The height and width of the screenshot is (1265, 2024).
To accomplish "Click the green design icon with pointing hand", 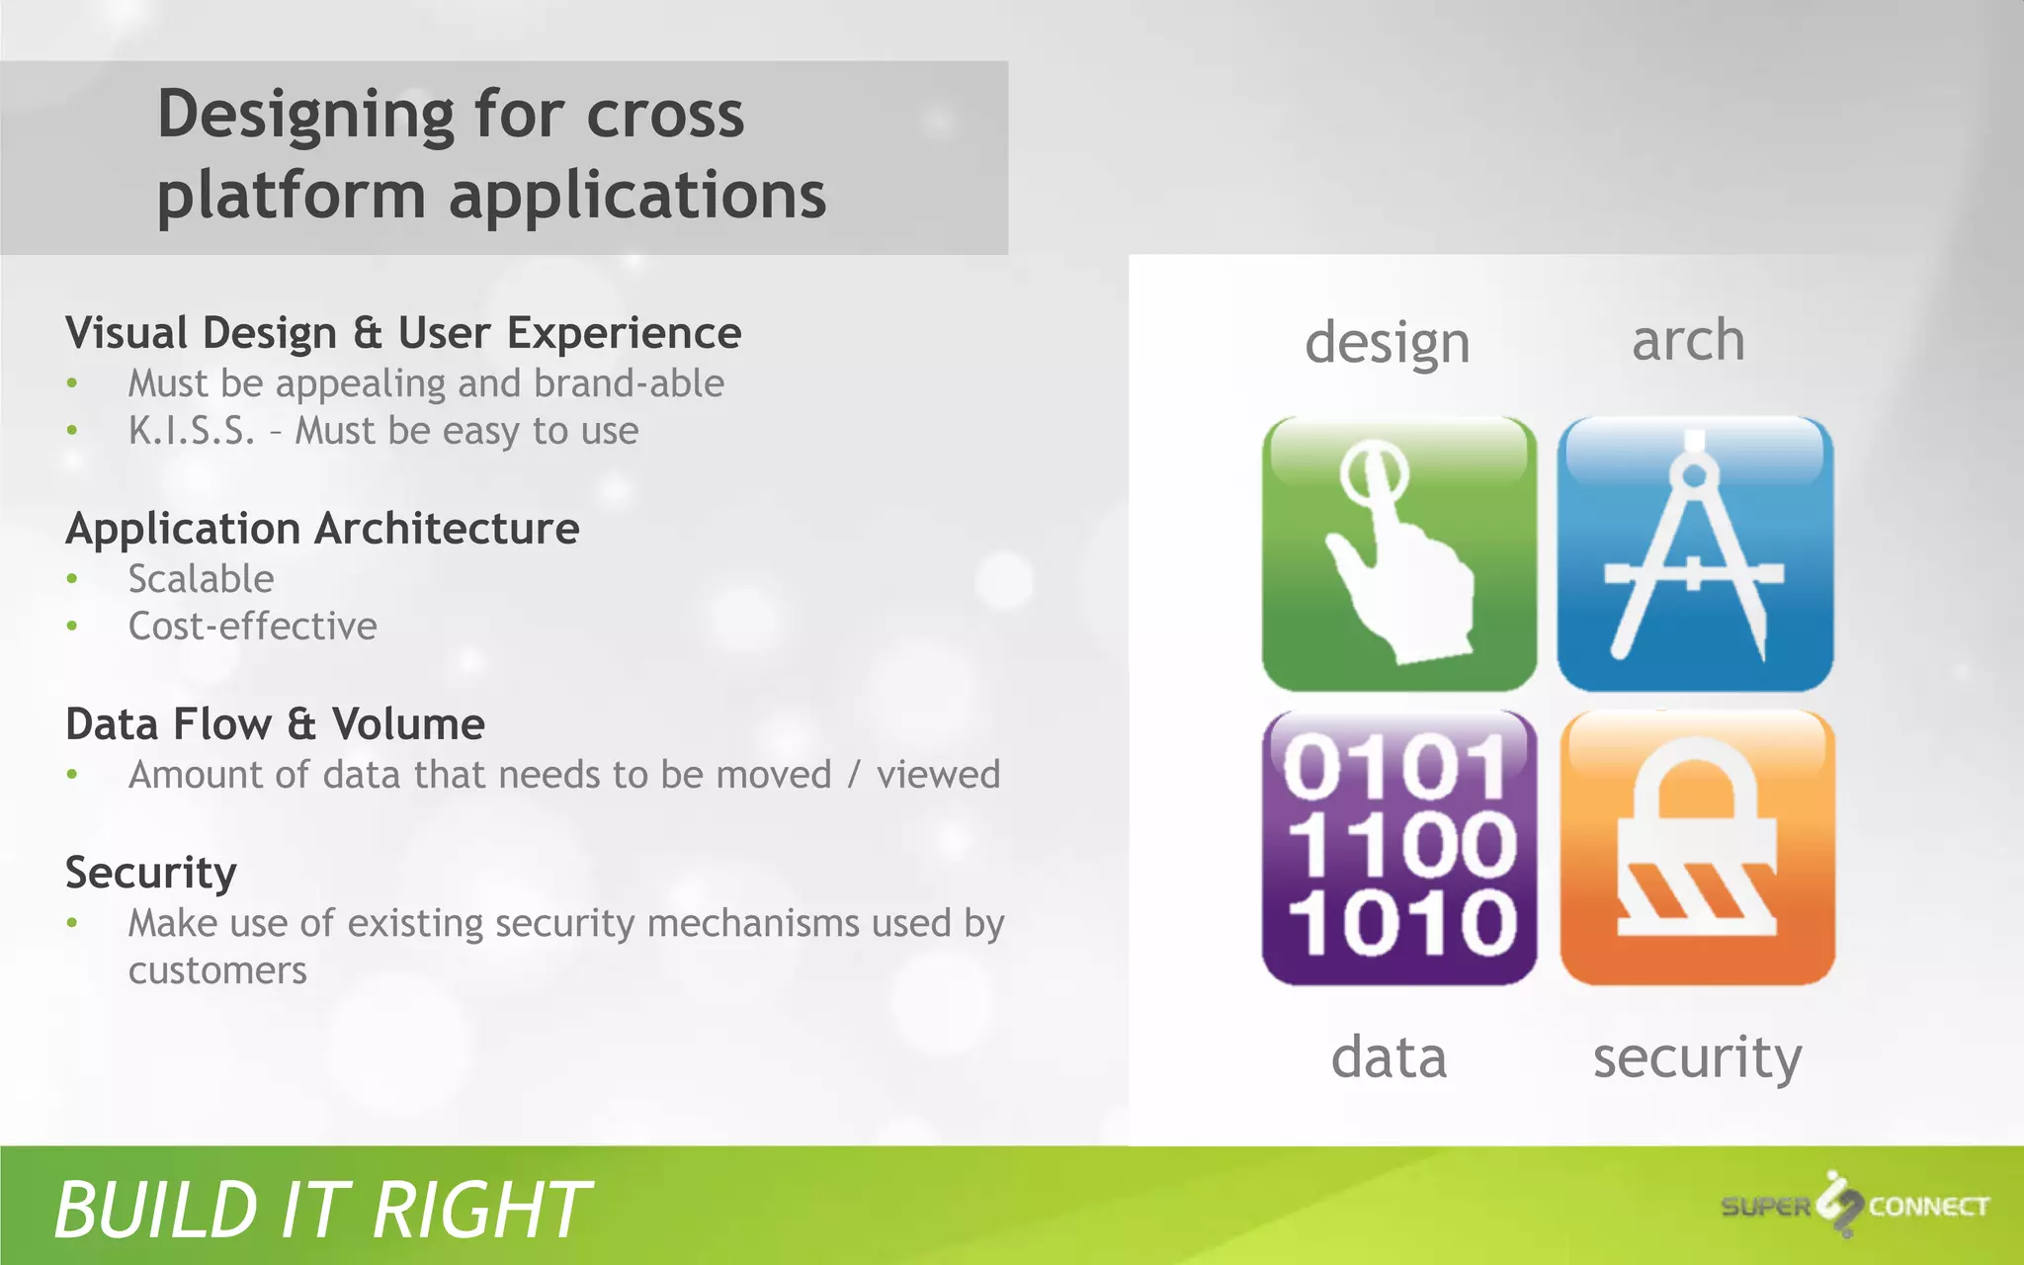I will click(x=1398, y=553).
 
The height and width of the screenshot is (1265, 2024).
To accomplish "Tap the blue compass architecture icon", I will click(x=1695, y=553).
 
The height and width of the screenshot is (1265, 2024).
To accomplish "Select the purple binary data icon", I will click(x=1398, y=848).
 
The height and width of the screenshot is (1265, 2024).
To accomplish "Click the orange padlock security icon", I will click(x=1697, y=848).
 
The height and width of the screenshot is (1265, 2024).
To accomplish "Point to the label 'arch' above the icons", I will click(x=1688, y=340).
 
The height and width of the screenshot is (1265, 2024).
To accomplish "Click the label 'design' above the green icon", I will click(x=1388, y=344).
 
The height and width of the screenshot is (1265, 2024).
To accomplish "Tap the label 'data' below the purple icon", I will click(x=1389, y=1057).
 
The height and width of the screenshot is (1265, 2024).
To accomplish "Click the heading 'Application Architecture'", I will click(x=322, y=529).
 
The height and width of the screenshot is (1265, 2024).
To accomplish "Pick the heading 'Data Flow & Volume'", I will click(x=275, y=724).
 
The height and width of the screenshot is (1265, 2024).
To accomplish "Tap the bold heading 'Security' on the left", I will click(x=150, y=873).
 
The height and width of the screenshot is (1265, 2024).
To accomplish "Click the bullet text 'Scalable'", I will click(x=201, y=579).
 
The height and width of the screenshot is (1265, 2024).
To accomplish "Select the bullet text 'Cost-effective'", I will click(x=252, y=627).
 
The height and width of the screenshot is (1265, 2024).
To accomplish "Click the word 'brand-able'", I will click(x=629, y=383).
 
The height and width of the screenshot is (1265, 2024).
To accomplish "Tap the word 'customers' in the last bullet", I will click(x=217, y=970).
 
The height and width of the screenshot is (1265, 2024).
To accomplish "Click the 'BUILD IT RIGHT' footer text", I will click(x=321, y=1210).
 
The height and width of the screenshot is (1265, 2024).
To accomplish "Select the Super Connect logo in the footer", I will click(x=1854, y=1206).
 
